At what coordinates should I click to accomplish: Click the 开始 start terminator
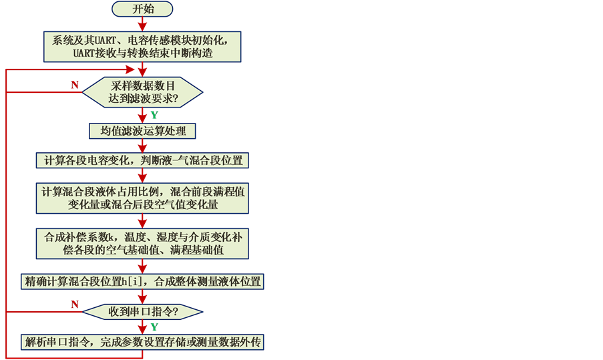pyautogui.click(x=142, y=9)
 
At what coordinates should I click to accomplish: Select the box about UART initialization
pyautogui.click(x=142, y=46)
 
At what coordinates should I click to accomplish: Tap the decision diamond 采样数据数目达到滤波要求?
pyautogui.click(x=142, y=92)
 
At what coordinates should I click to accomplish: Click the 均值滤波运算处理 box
pyautogui.click(x=142, y=130)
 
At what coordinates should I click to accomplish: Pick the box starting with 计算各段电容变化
pyautogui.click(x=142, y=160)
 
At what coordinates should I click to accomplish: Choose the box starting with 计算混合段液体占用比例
pyautogui.click(x=142, y=198)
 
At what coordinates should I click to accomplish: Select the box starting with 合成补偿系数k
pyautogui.click(x=142, y=243)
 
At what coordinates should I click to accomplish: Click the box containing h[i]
pyautogui.click(x=142, y=281)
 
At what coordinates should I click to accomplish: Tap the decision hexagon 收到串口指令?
pyautogui.click(x=142, y=311)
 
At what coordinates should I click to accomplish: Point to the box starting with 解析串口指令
pyautogui.click(x=142, y=343)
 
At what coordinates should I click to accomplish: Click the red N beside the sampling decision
pyautogui.click(x=75, y=85)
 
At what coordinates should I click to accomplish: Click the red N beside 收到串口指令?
pyautogui.click(x=75, y=304)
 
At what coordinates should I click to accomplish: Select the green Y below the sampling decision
pyautogui.click(x=154, y=115)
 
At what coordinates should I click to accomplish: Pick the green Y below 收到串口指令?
pyautogui.click(x=154, y=327)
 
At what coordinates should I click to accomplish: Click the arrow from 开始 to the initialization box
pyautogui.click(x=142, y=25)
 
